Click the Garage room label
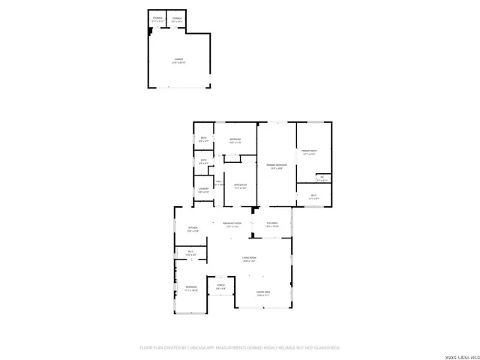pyautogui.click(x=178, y=60)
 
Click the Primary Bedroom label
pyautogui.click(x=276, y=166)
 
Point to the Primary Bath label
pyautogui.click(x=310, y=151)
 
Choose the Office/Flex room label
pyautogui.click(x=240, y=186)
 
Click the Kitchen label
pyautogui.click(x=192, y=229)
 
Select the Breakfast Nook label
pyautogui.click(x=232, y=224)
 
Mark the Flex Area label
pyautogui.click(x=272, y=224)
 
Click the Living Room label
pyautogui.click(x=249, y=259)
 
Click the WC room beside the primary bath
pyautogui.click(x=321, y=178)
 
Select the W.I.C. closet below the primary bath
pyautogui.click(x=313, y=196)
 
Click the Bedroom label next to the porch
pyautogui.click(x=192, y=289)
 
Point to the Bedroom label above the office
pyautogui.click(x=235, y=141)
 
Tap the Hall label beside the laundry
pyautogui.click(x=219, y=182)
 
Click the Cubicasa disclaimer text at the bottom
pyautogui.click(x=240, y=347)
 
